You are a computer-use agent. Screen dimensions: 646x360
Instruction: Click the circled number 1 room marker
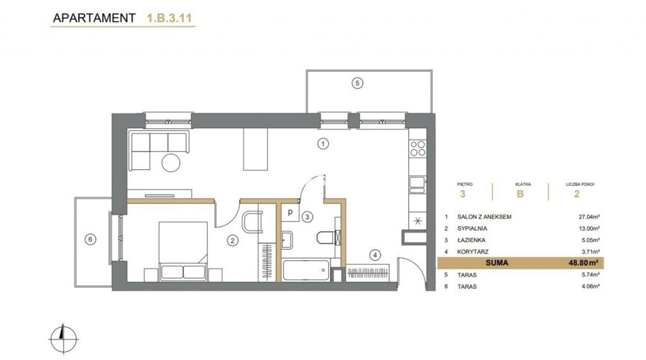pos(323,143)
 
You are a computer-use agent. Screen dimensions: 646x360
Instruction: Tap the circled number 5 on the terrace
pos(357,83)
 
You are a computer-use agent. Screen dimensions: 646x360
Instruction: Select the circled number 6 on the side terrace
pos(90,239)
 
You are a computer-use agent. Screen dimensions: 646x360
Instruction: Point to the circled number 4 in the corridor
pos(375,255)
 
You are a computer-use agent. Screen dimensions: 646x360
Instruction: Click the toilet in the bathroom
pos(329,237)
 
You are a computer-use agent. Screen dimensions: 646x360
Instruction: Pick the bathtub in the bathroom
pos(306,270)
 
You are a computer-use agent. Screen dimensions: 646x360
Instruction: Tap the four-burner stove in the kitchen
pos(418,148)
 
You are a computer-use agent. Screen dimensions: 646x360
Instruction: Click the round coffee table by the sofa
pos(171,163)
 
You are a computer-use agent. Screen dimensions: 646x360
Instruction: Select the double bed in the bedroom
pos(183,251)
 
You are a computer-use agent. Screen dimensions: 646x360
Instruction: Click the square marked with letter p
pos(290,212)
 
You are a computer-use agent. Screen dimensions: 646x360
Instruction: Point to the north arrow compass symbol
pos(64,339)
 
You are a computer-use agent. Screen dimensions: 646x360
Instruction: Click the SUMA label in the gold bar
pos(497,263)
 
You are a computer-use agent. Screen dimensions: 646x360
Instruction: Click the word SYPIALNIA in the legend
pos(472,228)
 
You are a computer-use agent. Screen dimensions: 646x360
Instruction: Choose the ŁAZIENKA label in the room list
pos(471,240)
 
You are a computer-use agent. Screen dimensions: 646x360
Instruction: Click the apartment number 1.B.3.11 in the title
pos(170,18)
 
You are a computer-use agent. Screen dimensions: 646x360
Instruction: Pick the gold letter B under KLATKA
pos(520,194)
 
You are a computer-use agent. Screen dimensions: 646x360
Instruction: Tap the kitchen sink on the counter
pos(417,185)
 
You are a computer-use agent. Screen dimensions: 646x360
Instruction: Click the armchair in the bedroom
pos(252,222)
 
